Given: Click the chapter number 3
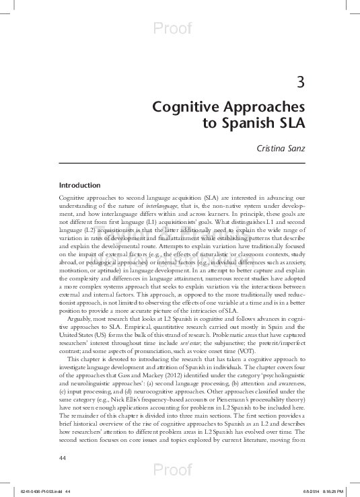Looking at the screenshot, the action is [x=301, y=83].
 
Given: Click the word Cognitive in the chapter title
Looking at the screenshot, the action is [x=181, y=108].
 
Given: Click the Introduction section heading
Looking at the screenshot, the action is [x=79, y=185].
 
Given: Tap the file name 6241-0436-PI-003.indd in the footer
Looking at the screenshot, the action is [x=41, y=491].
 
